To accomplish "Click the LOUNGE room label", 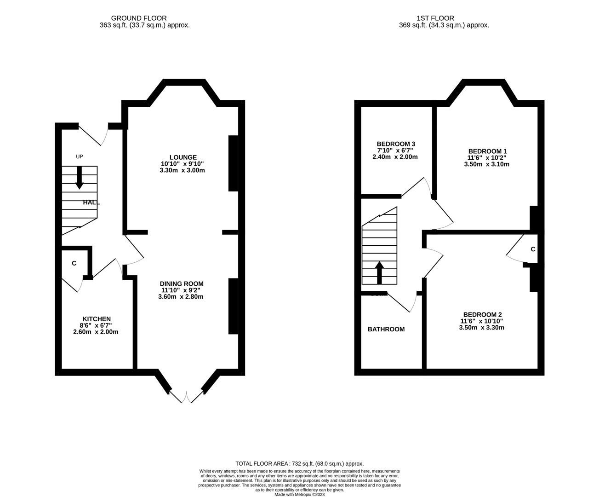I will [x=183, y=157].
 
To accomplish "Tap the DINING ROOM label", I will [x=181, y=284].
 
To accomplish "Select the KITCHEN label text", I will [x=97, y=319].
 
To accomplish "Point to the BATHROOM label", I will [x=386, y=329].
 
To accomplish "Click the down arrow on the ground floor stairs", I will [x=80, y=177].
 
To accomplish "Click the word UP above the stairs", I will [x=80, y=157].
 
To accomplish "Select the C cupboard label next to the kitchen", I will [x=74, y=263].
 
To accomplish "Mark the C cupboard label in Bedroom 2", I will [x=533, y=249].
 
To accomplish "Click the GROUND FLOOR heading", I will [x=145, y=18].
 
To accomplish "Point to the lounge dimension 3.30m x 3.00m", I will [x=182, y=170].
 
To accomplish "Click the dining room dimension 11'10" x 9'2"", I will [x=181, y=290].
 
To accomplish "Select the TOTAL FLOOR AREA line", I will [x=299, y=464].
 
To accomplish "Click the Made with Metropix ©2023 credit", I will [x=299, y=495].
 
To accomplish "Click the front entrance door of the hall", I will [x=93, y=133].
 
